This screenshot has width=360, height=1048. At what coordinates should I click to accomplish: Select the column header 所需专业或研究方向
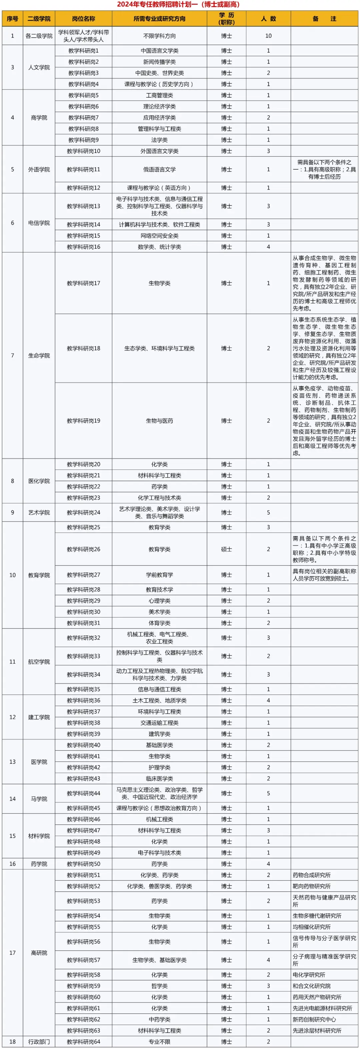coord(159,19)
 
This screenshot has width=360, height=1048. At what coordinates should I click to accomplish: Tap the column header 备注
coord(324,19)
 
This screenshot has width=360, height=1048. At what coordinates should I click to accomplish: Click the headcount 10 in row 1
coord(268,36)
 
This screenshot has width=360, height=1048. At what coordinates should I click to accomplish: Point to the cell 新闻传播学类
coord(159,62)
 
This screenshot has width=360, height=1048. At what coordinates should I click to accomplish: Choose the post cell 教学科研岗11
coord(83,169)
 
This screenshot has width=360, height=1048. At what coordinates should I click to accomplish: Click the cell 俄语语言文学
coord(159,169)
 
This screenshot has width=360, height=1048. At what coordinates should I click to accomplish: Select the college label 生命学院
coord(39,356)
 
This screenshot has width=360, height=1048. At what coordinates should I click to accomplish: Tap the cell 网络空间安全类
coord(159,236)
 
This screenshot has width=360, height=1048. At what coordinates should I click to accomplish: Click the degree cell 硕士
coord(227,549)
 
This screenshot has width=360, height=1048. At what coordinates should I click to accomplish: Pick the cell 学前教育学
coord(159,575)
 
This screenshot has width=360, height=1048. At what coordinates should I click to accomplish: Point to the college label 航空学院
coord(39,661)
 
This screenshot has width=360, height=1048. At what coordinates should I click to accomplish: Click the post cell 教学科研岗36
coord(83,700)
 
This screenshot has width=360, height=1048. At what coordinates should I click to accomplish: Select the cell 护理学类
coord(159,767)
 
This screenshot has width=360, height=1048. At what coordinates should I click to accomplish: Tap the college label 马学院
coord(39,799)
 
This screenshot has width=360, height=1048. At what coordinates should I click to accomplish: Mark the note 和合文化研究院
coord(312,986)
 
